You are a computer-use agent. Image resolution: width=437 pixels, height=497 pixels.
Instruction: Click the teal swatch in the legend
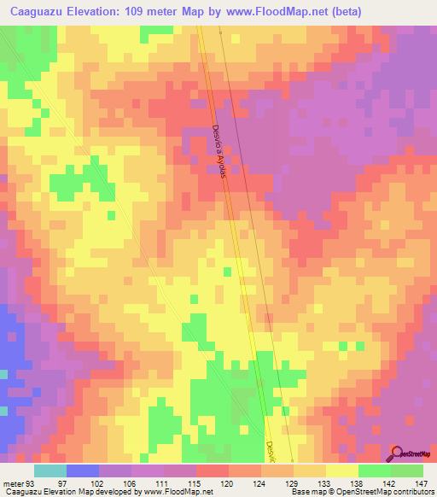click(50, 471)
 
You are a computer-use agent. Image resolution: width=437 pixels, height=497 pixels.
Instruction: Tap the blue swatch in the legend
click(83, 471)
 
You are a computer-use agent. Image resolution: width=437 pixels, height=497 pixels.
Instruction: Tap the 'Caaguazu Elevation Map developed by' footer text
click(60, 492)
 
